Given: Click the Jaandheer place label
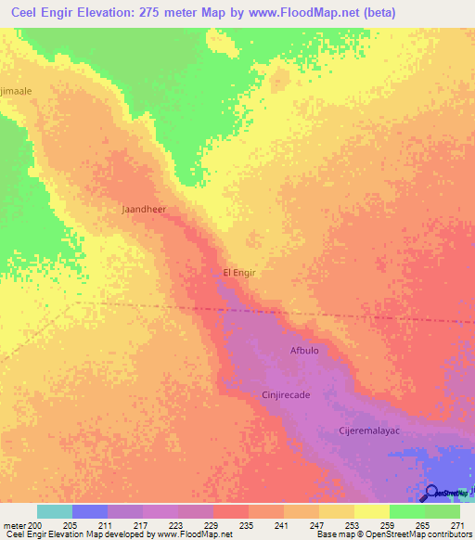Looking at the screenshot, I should [x=144, y=210].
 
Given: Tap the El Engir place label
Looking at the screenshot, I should [x=238, y=273].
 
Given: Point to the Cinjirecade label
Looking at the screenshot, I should [x=285, y=394].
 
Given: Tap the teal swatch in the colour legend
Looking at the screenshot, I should [x=54, y=511].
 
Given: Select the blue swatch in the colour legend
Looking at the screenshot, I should [x=89, y=511].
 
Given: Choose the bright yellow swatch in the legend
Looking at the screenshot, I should [x=371, y=511].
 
